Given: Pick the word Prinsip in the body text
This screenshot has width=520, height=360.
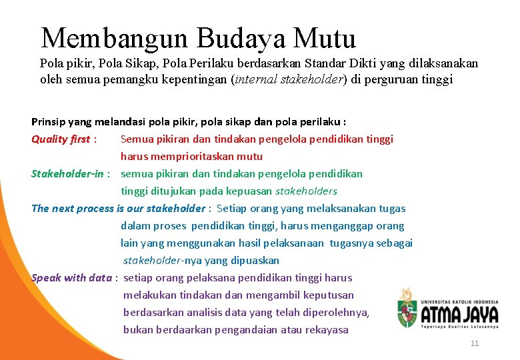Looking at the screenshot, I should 48,122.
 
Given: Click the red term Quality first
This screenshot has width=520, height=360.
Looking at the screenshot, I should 60,139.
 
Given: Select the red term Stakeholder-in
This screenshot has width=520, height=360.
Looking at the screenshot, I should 67,174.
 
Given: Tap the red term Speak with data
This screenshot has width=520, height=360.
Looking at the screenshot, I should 71,278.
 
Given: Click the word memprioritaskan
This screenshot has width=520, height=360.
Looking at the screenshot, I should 184,157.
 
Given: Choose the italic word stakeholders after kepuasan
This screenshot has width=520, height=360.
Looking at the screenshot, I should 307,191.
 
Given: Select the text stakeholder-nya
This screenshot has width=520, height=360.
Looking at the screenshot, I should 159,261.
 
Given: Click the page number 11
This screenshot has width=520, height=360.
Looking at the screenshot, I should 475,343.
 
